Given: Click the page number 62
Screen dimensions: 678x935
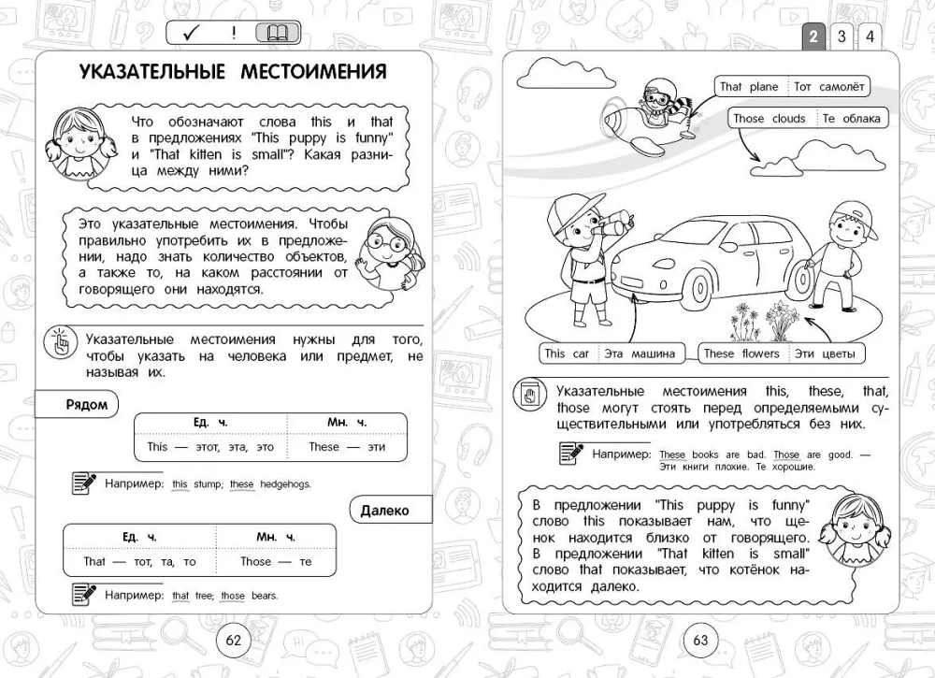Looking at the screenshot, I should click(x=234, y=640).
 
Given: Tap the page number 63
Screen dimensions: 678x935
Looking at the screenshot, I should click(x=700, y=640).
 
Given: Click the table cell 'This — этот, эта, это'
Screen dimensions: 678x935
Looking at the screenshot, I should click(x=210, y=447).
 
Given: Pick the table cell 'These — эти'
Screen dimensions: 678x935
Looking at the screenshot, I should click(x=347, y=447).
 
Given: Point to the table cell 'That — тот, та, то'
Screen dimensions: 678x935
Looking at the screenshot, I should click(x=139, y=562).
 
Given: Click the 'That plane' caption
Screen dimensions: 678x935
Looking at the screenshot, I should click(x=749, y=87).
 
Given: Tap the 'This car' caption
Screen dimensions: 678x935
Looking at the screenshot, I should click(x=568, y=353).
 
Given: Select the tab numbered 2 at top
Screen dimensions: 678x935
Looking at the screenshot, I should click(x=813, y=36).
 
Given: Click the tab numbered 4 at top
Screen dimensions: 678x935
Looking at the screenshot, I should click(x=870, y=36).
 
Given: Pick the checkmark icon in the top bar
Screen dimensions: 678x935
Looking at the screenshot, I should click(x=193, y=34).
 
